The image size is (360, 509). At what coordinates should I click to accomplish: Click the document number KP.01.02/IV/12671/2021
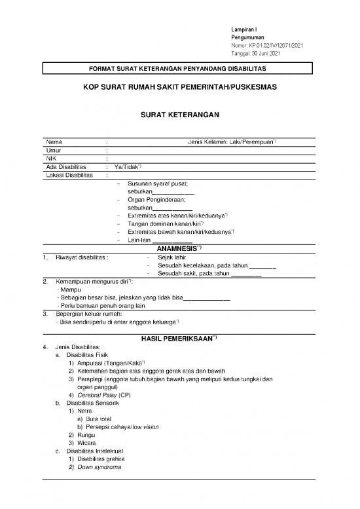285,45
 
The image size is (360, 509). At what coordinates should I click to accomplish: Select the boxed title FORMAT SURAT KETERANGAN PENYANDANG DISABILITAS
179,69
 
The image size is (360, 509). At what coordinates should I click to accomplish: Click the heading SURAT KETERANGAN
179,115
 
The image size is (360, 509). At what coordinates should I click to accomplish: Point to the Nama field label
54,142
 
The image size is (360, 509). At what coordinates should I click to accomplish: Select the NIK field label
51,158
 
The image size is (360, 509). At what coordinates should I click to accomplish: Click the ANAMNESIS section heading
179,249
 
